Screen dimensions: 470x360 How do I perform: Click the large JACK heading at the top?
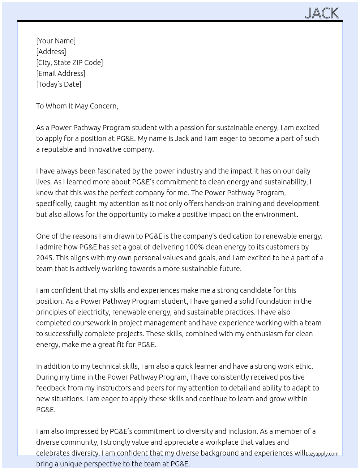[x=322, y=13]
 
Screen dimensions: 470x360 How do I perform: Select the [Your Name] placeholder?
[x=56, y=41]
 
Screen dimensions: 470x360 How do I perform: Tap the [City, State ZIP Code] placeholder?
[x=69, y=63]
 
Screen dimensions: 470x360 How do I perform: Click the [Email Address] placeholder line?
[x=61, y=73]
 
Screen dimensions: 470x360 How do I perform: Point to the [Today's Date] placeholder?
[x=59, y=84]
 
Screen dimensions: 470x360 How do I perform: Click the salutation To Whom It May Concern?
[x=77, y=106]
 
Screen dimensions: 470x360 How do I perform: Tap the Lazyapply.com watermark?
[x=322, y=454]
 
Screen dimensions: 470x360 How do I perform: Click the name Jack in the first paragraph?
[x=182, y=138]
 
